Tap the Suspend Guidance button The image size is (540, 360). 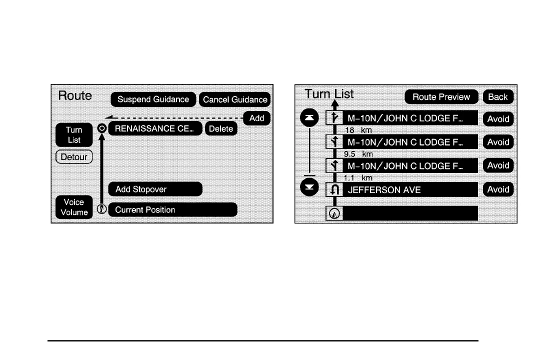(x=153, y=99)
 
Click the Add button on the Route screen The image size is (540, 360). (x=256, y=118)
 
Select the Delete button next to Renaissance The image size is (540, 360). (x=221, y=128)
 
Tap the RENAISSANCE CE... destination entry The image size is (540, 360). (x=155, y=128)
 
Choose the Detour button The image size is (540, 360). (x=74, y=157)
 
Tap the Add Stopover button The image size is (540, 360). (x=155, y=189)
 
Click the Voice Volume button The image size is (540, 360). (x=74, y=207)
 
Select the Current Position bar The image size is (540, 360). (x=172, y=210)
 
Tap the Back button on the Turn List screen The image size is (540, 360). (x=498, y=97)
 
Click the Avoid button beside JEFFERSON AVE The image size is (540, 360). (x=498, y=189)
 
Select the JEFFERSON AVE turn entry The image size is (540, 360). (x=410, y=190)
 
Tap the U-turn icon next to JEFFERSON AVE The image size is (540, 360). (x=335, y=190)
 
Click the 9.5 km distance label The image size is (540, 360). (x=358, y=154)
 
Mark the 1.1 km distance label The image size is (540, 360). (x=358, y=177)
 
